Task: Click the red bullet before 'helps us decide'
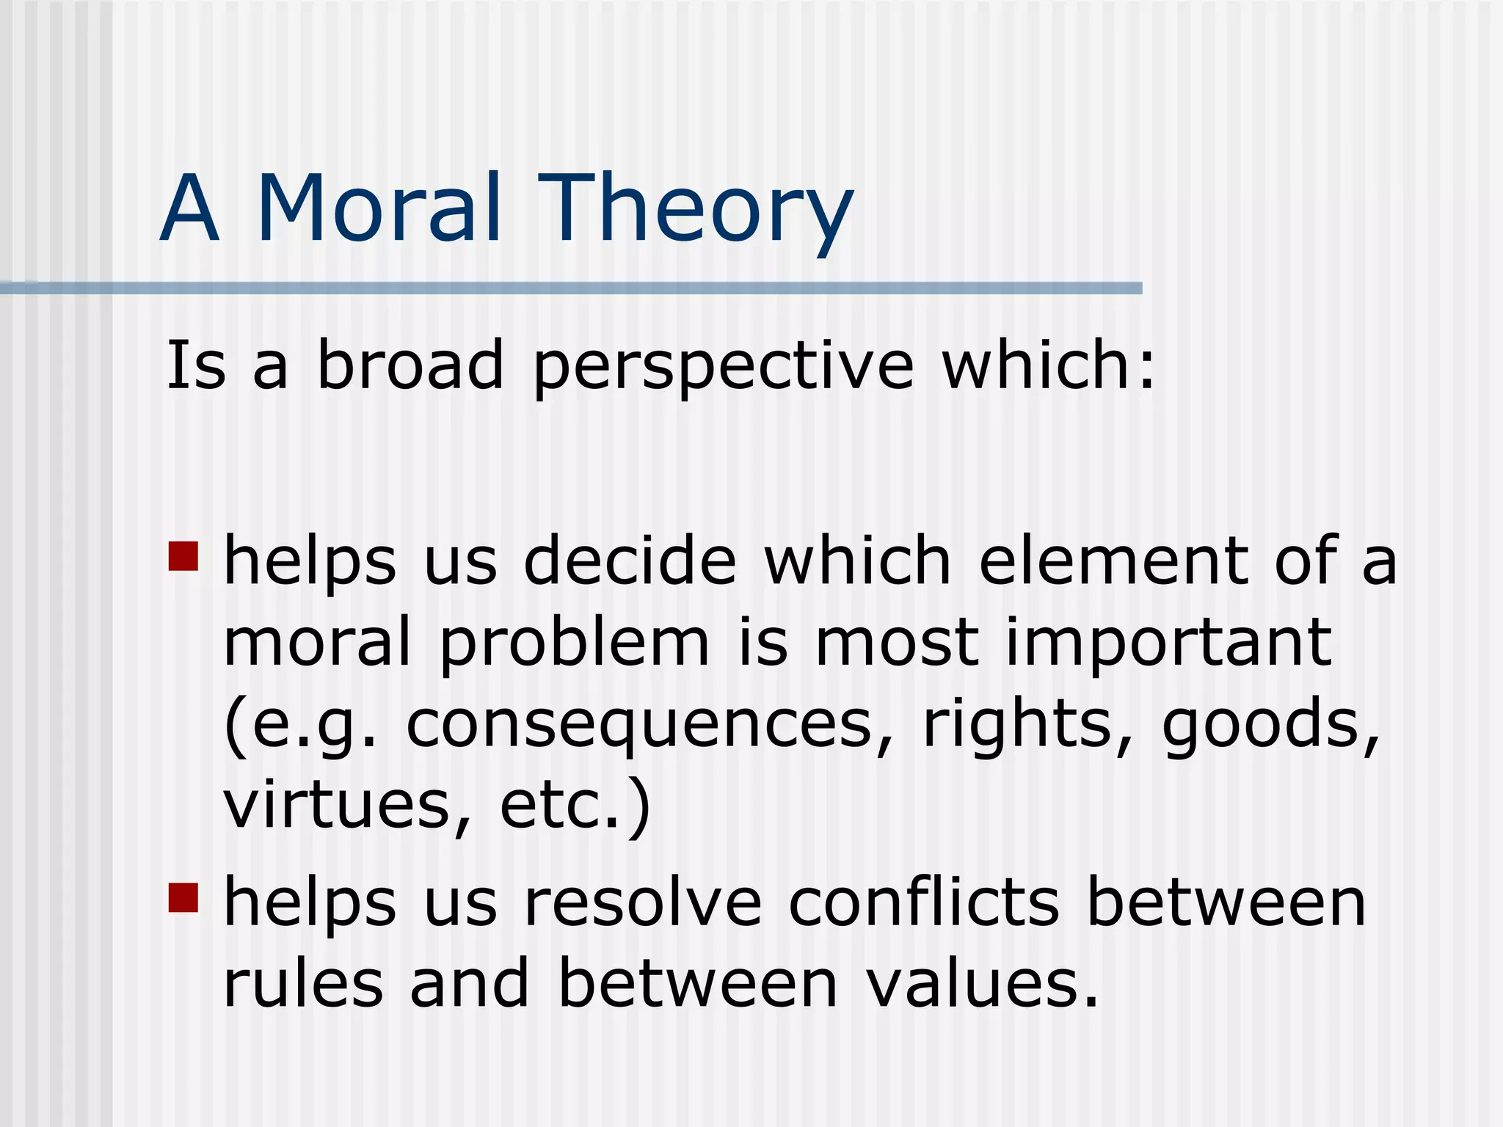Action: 183,556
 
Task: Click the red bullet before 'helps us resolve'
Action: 183,897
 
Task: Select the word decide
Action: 630,561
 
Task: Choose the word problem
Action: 575,643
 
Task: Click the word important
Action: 1168,643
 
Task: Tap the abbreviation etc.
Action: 561,806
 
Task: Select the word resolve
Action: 643,903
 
